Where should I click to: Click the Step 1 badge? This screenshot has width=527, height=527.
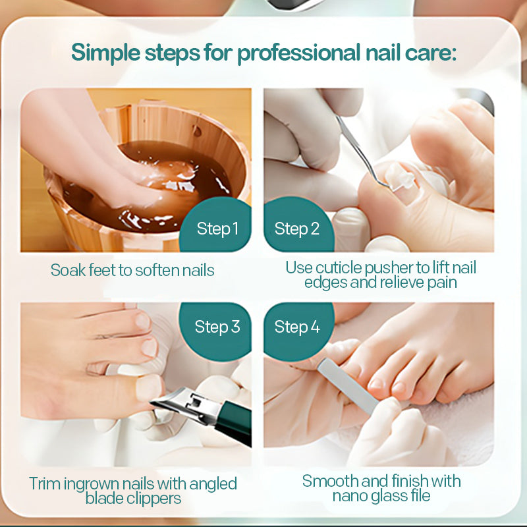point(217,229)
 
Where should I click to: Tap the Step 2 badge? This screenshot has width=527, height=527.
point(297,229)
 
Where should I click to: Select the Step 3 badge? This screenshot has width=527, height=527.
point(217,327)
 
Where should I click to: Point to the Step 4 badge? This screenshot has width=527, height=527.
point(297,327)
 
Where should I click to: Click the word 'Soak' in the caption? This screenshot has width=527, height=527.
point(67,270)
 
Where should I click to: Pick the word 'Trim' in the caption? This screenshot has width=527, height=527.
point(45,484)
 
